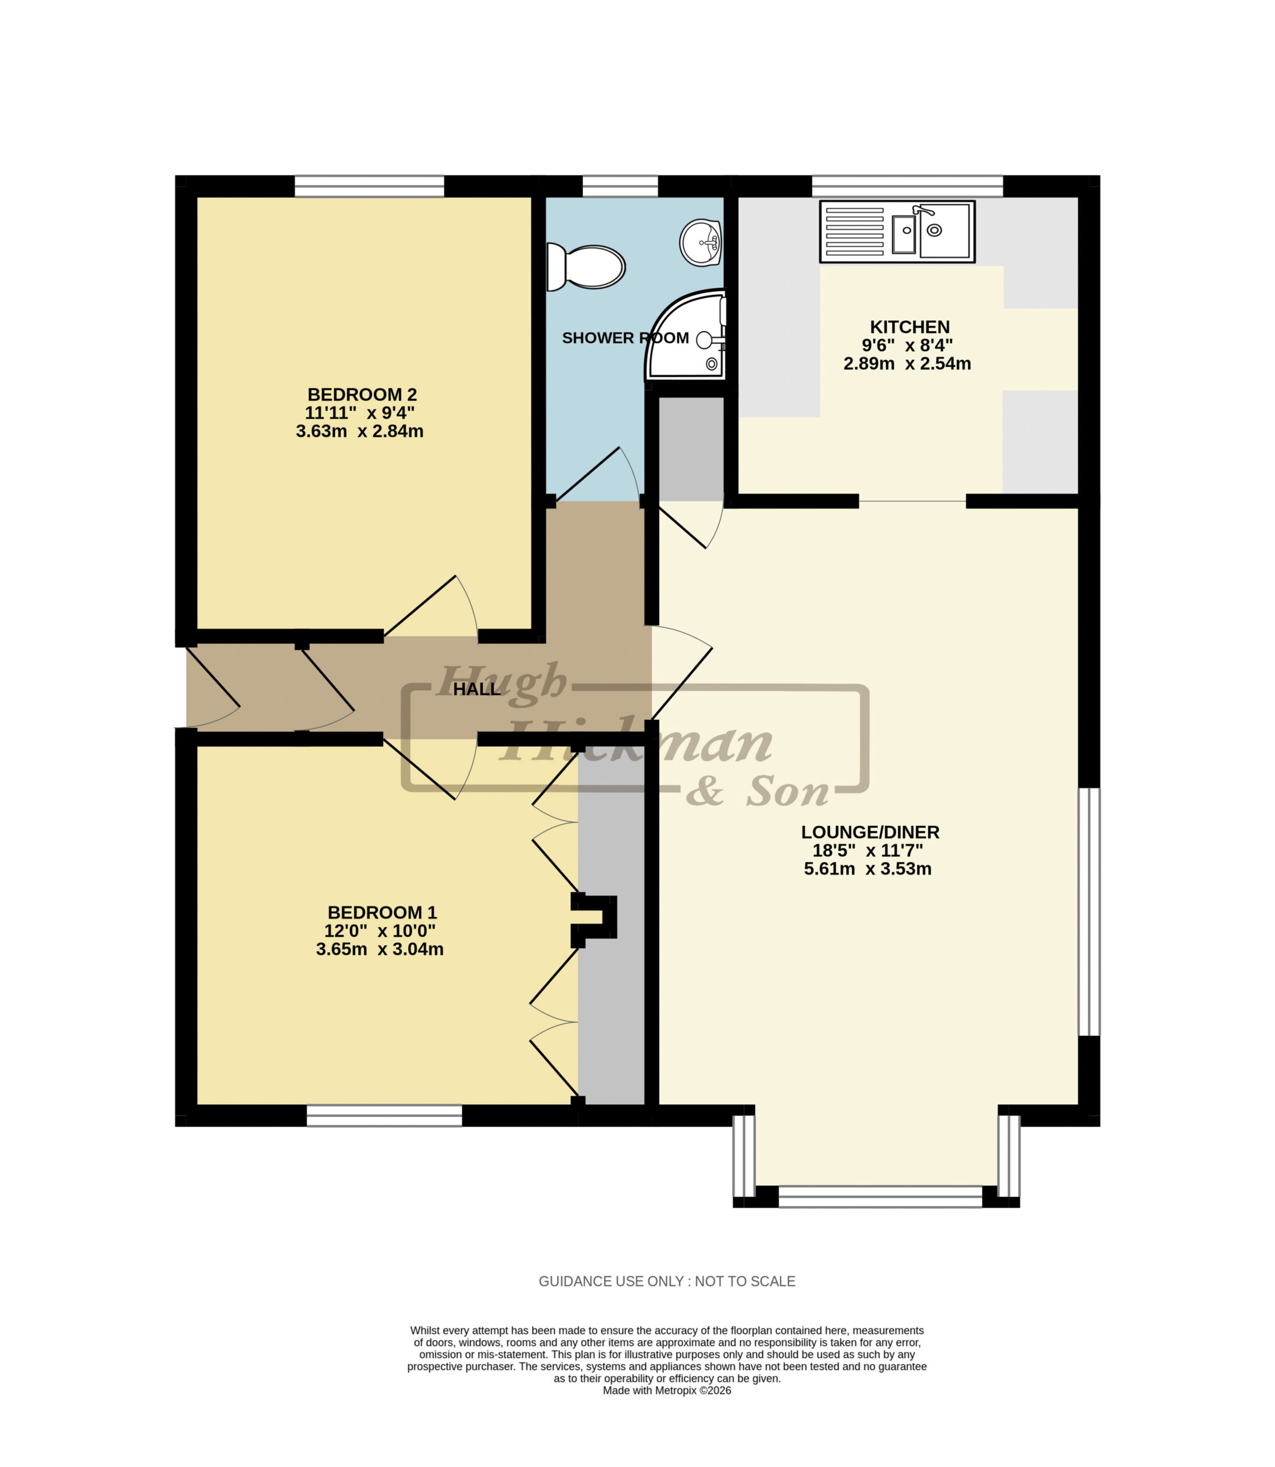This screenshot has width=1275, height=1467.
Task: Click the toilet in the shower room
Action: point(585,268)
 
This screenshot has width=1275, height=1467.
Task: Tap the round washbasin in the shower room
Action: point(702,242)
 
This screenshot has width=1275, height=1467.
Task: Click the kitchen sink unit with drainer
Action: point(897,231)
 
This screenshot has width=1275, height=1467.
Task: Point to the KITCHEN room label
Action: point(909,327)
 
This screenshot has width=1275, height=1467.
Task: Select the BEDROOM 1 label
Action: point(382,912)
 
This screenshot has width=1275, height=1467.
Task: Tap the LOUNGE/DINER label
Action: point(870,832)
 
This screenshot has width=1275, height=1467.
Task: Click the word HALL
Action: point(477,689)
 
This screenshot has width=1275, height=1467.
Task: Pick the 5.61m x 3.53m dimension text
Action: point(867,868)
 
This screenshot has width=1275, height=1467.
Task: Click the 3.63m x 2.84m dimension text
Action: point(359,431)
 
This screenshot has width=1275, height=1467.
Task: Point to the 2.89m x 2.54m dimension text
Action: point(907,363)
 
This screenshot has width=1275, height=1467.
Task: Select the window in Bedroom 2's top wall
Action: point(369,186)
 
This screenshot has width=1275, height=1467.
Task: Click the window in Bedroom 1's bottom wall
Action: point(384,1115)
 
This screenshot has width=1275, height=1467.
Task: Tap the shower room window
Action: point(620,186)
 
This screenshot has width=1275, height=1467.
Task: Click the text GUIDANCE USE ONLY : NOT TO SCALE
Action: point(667,1281)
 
